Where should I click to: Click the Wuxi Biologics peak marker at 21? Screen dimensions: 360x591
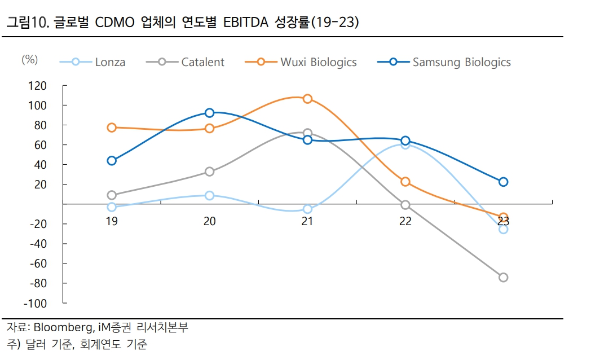pyautogui.click(x=307, y=99)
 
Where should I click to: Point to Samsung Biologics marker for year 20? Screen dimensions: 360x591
pyautogui.click(x=210, y=113)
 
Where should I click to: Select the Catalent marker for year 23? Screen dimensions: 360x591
pyautogui.click(x=503, y=277)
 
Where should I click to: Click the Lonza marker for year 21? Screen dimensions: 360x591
pyautogui.click(x=307, y=209)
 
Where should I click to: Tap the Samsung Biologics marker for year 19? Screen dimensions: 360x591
pyautogui.click(x=112, y=161)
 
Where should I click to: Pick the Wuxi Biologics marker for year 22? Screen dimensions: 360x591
pyautogui.click(x=405, y=182)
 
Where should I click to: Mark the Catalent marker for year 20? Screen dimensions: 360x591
pyautogui.click(x=210, y=172)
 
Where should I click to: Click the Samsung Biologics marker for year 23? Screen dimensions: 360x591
pyautogui.click(x=503, y=182)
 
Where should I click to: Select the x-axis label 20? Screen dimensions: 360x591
pyautogui.click(x=209, y=221)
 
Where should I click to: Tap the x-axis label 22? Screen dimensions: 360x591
pyautogui.click(x=405, y=221)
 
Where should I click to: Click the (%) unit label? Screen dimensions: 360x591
pyautogui.click(x=29, y=60)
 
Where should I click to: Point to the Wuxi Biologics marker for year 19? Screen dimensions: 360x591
pyautogui.click(x=112, y=128)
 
